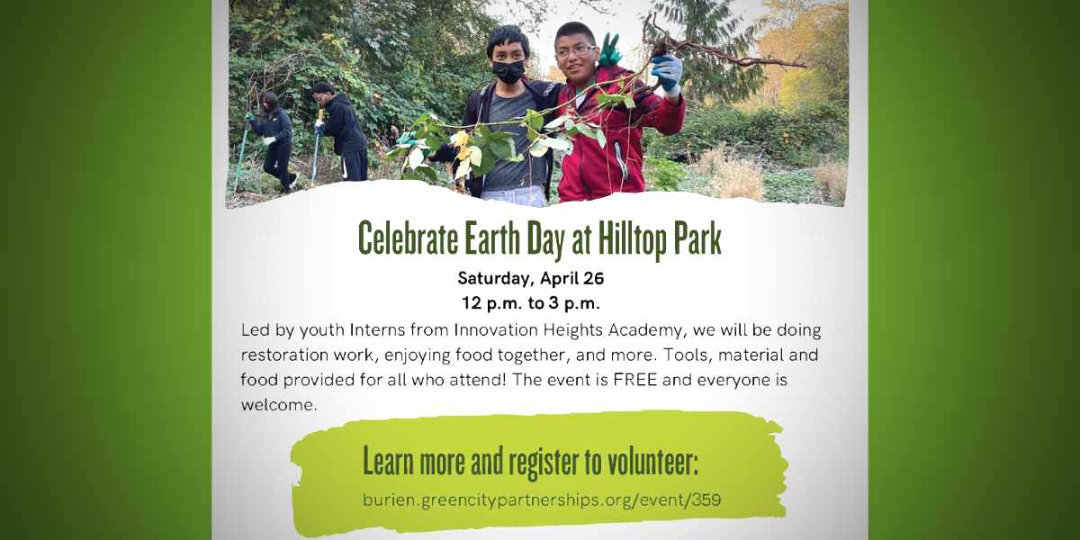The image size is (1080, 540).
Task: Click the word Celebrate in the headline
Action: [409, 238]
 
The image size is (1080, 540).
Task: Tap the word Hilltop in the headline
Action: [632, 239]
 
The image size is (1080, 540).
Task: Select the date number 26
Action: [593, 278]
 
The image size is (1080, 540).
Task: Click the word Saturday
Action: [496, 279]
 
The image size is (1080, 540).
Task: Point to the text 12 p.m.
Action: [491, 304]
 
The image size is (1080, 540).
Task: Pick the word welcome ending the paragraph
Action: [279, 404]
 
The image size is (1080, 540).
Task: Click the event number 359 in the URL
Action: [706, 500]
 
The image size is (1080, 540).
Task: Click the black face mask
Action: [508, 71]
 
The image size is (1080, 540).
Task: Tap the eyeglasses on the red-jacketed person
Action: [576, 50]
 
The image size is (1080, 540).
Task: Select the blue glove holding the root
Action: [667, 72]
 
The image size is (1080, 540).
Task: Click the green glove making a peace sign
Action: [609, 49]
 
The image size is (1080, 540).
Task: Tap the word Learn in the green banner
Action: [388, 462]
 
